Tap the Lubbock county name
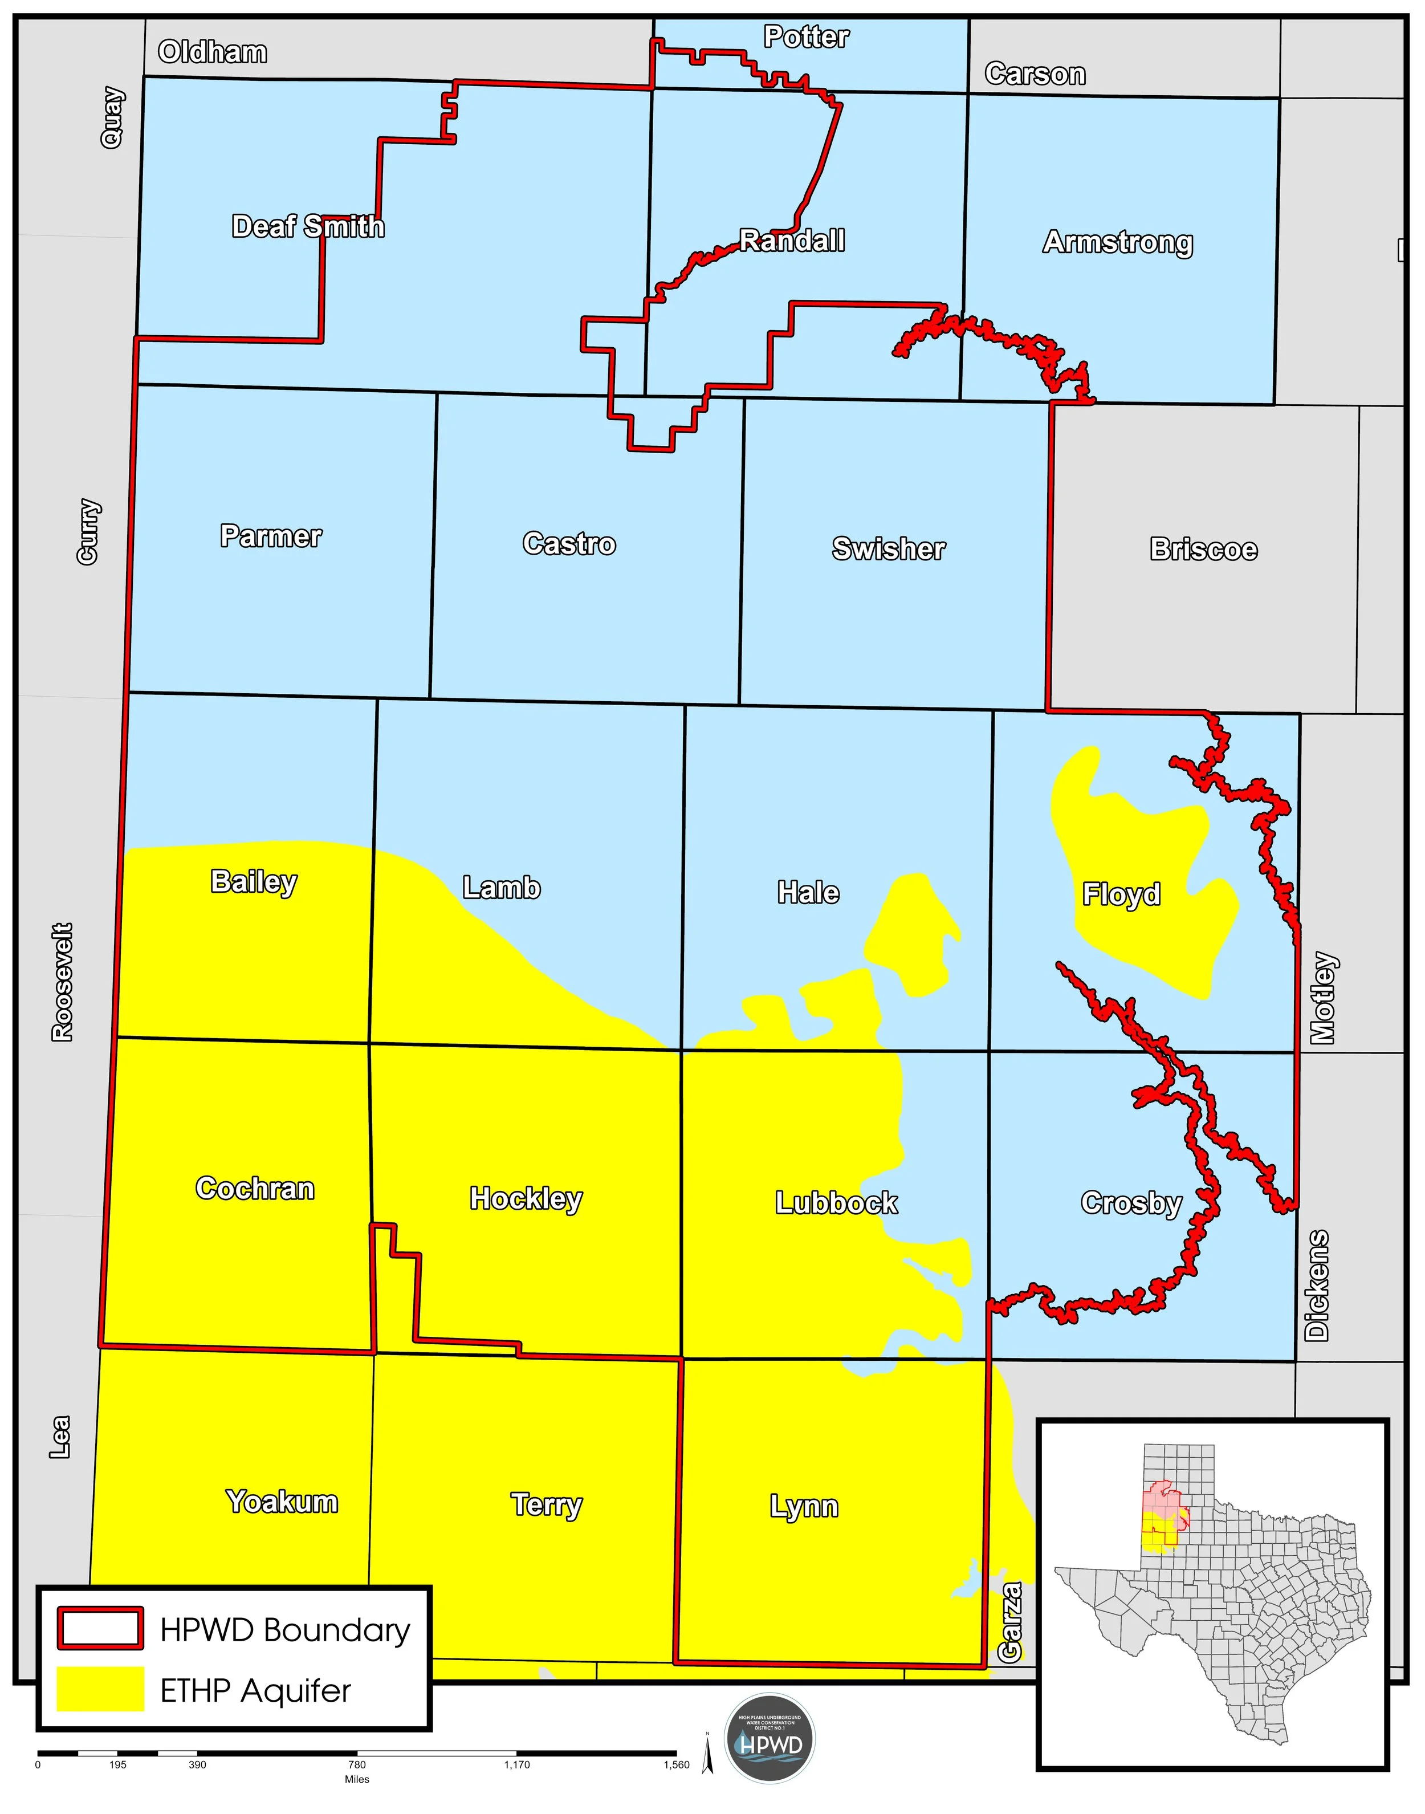pos(836,1202)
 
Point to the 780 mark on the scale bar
pos(357,1765)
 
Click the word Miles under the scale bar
pos(357,1779)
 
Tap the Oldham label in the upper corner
pos(213,52)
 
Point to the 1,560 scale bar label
pos(676,1765)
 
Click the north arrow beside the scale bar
pos(707,1752)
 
